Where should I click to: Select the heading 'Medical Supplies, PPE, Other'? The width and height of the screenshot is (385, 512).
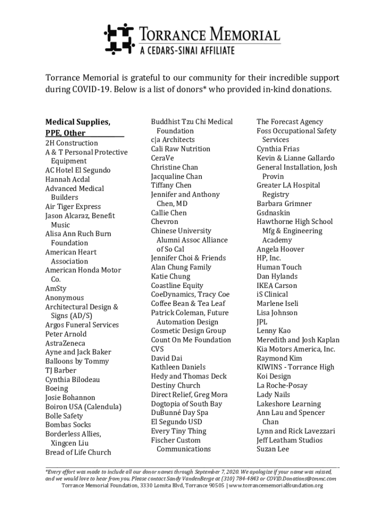click(78, 127)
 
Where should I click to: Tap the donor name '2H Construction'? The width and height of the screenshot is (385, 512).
click(71, 143)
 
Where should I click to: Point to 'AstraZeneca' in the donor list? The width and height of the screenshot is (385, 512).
click(65, 343)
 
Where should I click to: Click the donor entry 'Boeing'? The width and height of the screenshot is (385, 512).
click(56, 388)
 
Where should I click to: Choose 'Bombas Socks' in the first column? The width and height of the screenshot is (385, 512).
click(68, 425)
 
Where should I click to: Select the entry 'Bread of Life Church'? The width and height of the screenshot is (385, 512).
click(78, 452)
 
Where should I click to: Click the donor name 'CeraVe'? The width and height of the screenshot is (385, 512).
click(162, 158)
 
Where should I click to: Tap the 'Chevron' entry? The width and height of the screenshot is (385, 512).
click(164, 221)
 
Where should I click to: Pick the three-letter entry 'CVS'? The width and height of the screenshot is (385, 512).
click(157, 349)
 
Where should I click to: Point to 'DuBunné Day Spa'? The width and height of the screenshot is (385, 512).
click(179, 412)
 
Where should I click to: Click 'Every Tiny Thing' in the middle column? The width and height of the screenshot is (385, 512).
click(178, 431)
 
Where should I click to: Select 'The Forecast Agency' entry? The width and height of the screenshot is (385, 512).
click(289, 121)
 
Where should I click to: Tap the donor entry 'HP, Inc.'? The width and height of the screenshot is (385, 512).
click(268, 258)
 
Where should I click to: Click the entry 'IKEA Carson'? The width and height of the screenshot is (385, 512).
click(276, 285)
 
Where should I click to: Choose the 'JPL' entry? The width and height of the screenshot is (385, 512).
click(262, 322)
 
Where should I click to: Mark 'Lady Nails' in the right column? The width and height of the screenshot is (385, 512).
click(273, 394)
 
